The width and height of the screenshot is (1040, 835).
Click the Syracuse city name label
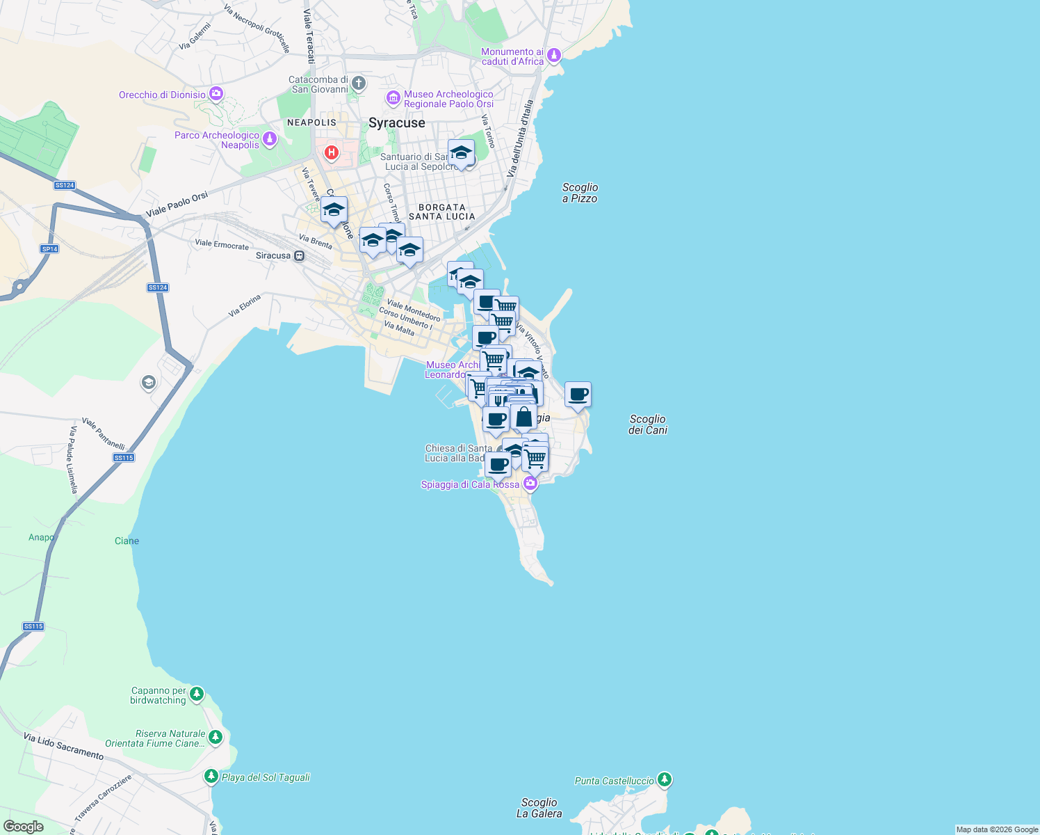396,123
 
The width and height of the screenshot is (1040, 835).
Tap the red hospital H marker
332,152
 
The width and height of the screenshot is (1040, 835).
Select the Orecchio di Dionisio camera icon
216,93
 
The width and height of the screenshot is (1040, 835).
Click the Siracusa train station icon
299,255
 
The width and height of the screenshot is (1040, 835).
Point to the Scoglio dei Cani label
648,424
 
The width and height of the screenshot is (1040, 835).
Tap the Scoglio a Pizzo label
580,193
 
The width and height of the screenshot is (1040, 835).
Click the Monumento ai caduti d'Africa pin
554,55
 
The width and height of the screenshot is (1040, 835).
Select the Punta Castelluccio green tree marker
665,779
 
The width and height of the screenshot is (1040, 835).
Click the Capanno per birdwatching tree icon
197,693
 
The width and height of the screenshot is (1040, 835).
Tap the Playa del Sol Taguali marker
211,776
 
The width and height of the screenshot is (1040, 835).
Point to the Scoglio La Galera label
539,808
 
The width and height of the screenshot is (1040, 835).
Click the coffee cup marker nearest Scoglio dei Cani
578,395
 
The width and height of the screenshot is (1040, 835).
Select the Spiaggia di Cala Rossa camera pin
530,483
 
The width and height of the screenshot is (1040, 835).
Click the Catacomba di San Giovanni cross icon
358,84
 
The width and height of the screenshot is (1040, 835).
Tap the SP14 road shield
49,248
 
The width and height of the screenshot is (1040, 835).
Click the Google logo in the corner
23,826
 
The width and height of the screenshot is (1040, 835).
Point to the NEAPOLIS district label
311,122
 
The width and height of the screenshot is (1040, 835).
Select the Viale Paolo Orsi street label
177,205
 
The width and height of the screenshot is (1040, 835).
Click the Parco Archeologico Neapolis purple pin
270,139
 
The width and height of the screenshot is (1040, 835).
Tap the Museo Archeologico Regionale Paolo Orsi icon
393,98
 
